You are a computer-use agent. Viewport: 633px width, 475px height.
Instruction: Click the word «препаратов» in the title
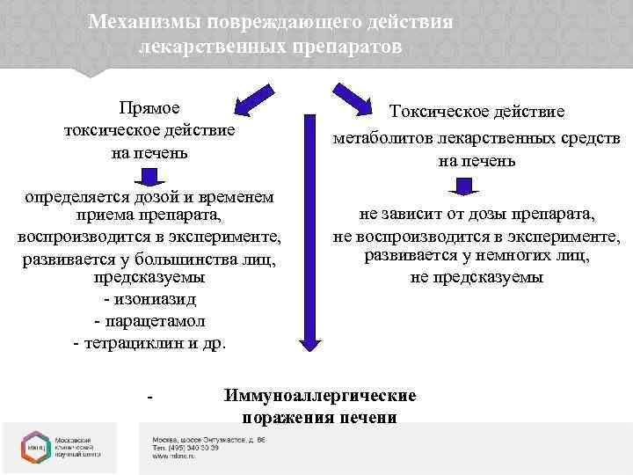[349, 46]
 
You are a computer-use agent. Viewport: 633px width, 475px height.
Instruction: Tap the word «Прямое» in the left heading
[149, 108]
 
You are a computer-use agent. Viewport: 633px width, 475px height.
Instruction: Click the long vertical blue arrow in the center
[309, 229]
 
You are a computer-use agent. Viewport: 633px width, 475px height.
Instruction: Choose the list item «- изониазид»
[149, 298]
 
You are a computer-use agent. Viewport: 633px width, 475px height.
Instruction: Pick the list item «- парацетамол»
[149, 320]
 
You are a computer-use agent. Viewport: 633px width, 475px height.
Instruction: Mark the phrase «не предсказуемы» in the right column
[477, 278]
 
